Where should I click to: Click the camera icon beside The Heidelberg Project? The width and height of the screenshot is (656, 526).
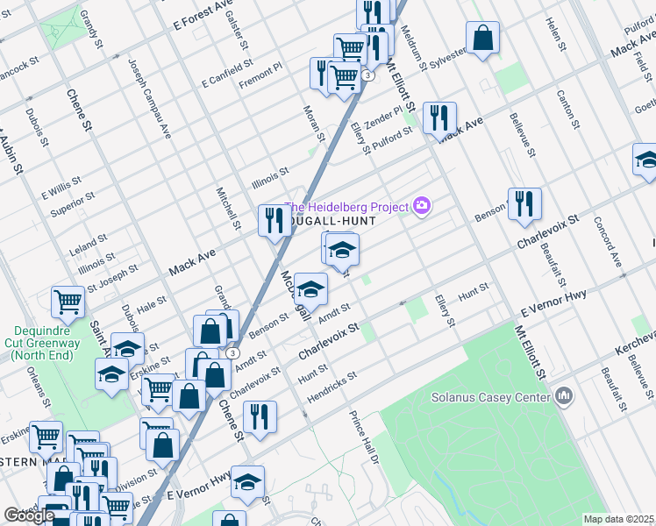(423, 207)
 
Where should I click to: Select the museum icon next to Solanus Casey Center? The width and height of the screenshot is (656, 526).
(563, 396)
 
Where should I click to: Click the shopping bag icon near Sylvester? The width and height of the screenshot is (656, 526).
(482, 39)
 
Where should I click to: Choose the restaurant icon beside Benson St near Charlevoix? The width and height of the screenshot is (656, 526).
(524, 204)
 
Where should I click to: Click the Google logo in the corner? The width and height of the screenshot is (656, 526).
(29, 515)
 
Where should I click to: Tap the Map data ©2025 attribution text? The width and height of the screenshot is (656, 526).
(618, 519)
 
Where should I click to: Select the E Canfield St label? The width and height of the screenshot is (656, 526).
(226, 74)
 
